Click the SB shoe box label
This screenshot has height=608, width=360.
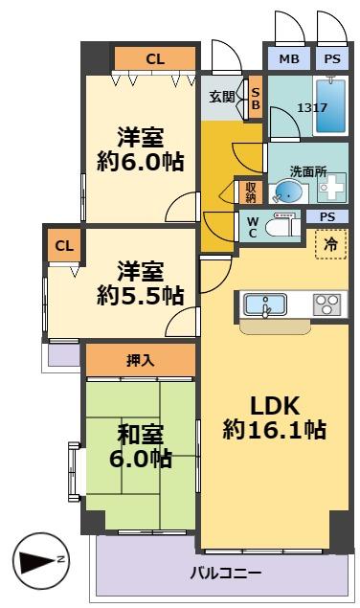[255, 99]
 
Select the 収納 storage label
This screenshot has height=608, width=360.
[250, 192]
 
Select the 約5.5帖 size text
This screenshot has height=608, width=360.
[139, 296]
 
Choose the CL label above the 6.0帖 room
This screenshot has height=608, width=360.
[154, 58]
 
